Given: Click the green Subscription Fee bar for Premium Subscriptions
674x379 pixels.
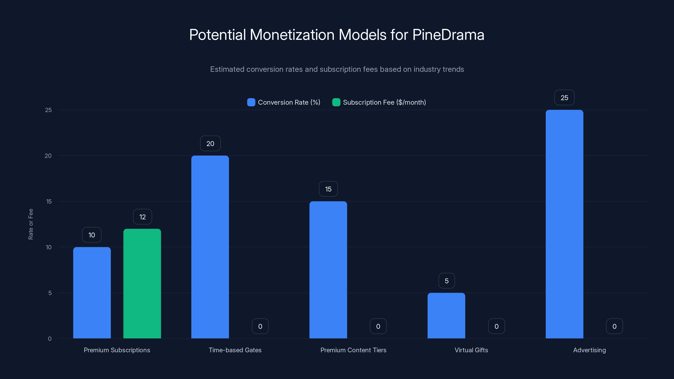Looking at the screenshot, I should [x=142, y=284].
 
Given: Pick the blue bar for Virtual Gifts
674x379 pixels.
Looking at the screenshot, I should [x=446, y=315].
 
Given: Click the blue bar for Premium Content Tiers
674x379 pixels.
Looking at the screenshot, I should [x=328, y=270].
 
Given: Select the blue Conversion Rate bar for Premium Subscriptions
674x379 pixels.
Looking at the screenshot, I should [x=92, y=293].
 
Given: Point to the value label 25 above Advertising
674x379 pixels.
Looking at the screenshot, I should [x=564, y=97].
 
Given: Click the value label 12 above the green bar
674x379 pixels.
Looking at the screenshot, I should [x=142, y=217].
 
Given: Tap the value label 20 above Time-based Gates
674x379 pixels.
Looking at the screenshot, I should [x=210, y=144].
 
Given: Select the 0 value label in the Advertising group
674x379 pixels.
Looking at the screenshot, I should [x=614, y=326].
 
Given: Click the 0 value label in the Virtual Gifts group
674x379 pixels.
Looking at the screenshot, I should [x=496, y=326].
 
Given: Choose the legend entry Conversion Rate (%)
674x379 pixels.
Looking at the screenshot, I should [x=289, y=102].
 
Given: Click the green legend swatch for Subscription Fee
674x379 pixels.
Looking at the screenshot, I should [x=336, y=102].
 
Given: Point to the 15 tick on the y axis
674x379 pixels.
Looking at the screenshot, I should [x=49, y=202].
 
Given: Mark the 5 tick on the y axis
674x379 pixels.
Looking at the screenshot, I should [x=50, y=293].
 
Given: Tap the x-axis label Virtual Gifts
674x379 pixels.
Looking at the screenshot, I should [x=471, y=350].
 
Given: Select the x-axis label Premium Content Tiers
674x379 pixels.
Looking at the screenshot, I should [x=353, y=350].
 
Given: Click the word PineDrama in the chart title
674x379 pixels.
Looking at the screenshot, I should [x=448, y=35].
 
